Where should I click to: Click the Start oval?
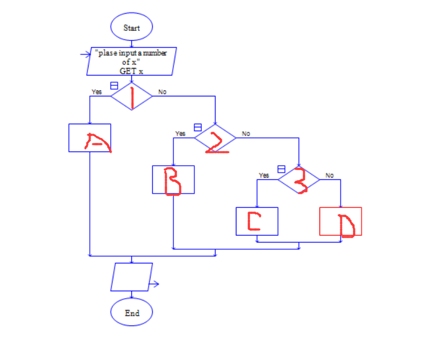[131, 28]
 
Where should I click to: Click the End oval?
[131, 313]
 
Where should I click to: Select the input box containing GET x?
[132, 62]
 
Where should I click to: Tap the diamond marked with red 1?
[131, 96]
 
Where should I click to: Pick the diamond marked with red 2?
[215, 138]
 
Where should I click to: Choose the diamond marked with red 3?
[299, 179]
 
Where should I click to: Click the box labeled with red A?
[90, 138]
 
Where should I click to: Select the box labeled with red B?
[173, 179]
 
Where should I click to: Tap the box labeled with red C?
[257, 221]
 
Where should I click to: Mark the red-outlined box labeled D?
[341, 221]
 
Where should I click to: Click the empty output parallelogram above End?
[131, 276]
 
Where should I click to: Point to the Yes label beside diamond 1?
[97, 92]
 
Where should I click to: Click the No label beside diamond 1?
[162, 92]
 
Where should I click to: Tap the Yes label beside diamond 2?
[180, 134]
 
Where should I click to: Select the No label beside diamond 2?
[246, 134]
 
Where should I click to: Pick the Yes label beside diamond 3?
[264, 175]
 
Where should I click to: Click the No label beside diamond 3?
[329, 175]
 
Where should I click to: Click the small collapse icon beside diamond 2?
[198, 127]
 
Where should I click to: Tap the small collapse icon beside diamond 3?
[281, 168]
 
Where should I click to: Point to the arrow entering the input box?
[86, 54]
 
